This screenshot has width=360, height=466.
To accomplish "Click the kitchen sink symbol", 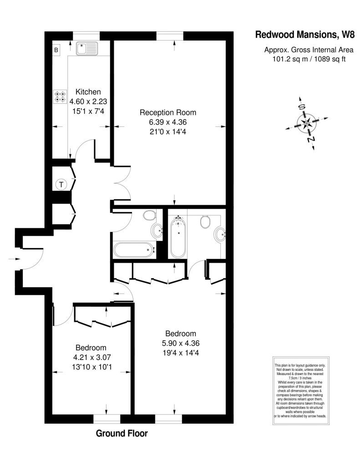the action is click(x=87, y=48).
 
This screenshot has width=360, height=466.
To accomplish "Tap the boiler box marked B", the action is click(x=56, y=50).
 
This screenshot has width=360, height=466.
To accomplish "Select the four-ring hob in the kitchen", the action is click(x=60, y=96).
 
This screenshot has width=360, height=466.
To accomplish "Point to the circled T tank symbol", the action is click(x=61, y=185).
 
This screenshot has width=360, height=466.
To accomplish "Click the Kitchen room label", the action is click(x=88, y=92).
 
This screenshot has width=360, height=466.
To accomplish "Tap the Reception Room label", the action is click(x=168, y=113).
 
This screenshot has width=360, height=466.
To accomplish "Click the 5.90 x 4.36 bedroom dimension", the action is click(x=180, y=343).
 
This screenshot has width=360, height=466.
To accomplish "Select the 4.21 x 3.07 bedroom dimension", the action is click(x=92, y=357).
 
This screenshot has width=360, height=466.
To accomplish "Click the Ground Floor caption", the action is click(x=122, y=433).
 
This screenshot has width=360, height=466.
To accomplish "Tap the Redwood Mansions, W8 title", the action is click(x=305, y=35).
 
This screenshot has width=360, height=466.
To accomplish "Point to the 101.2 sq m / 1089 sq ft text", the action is click(x=309, y=59).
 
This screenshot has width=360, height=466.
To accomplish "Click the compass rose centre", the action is click(x=306, y=123).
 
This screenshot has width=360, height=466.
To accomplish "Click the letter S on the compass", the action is click(x=302, y=107).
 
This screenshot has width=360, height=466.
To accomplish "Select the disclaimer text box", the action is click(x=301, y=390).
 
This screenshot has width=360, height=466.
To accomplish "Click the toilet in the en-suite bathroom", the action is click(x=205, y=222).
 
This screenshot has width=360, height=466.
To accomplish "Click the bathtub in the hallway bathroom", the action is click(x=134, y=250).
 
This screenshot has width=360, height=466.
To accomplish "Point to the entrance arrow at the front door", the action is click(x=14, y=259).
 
